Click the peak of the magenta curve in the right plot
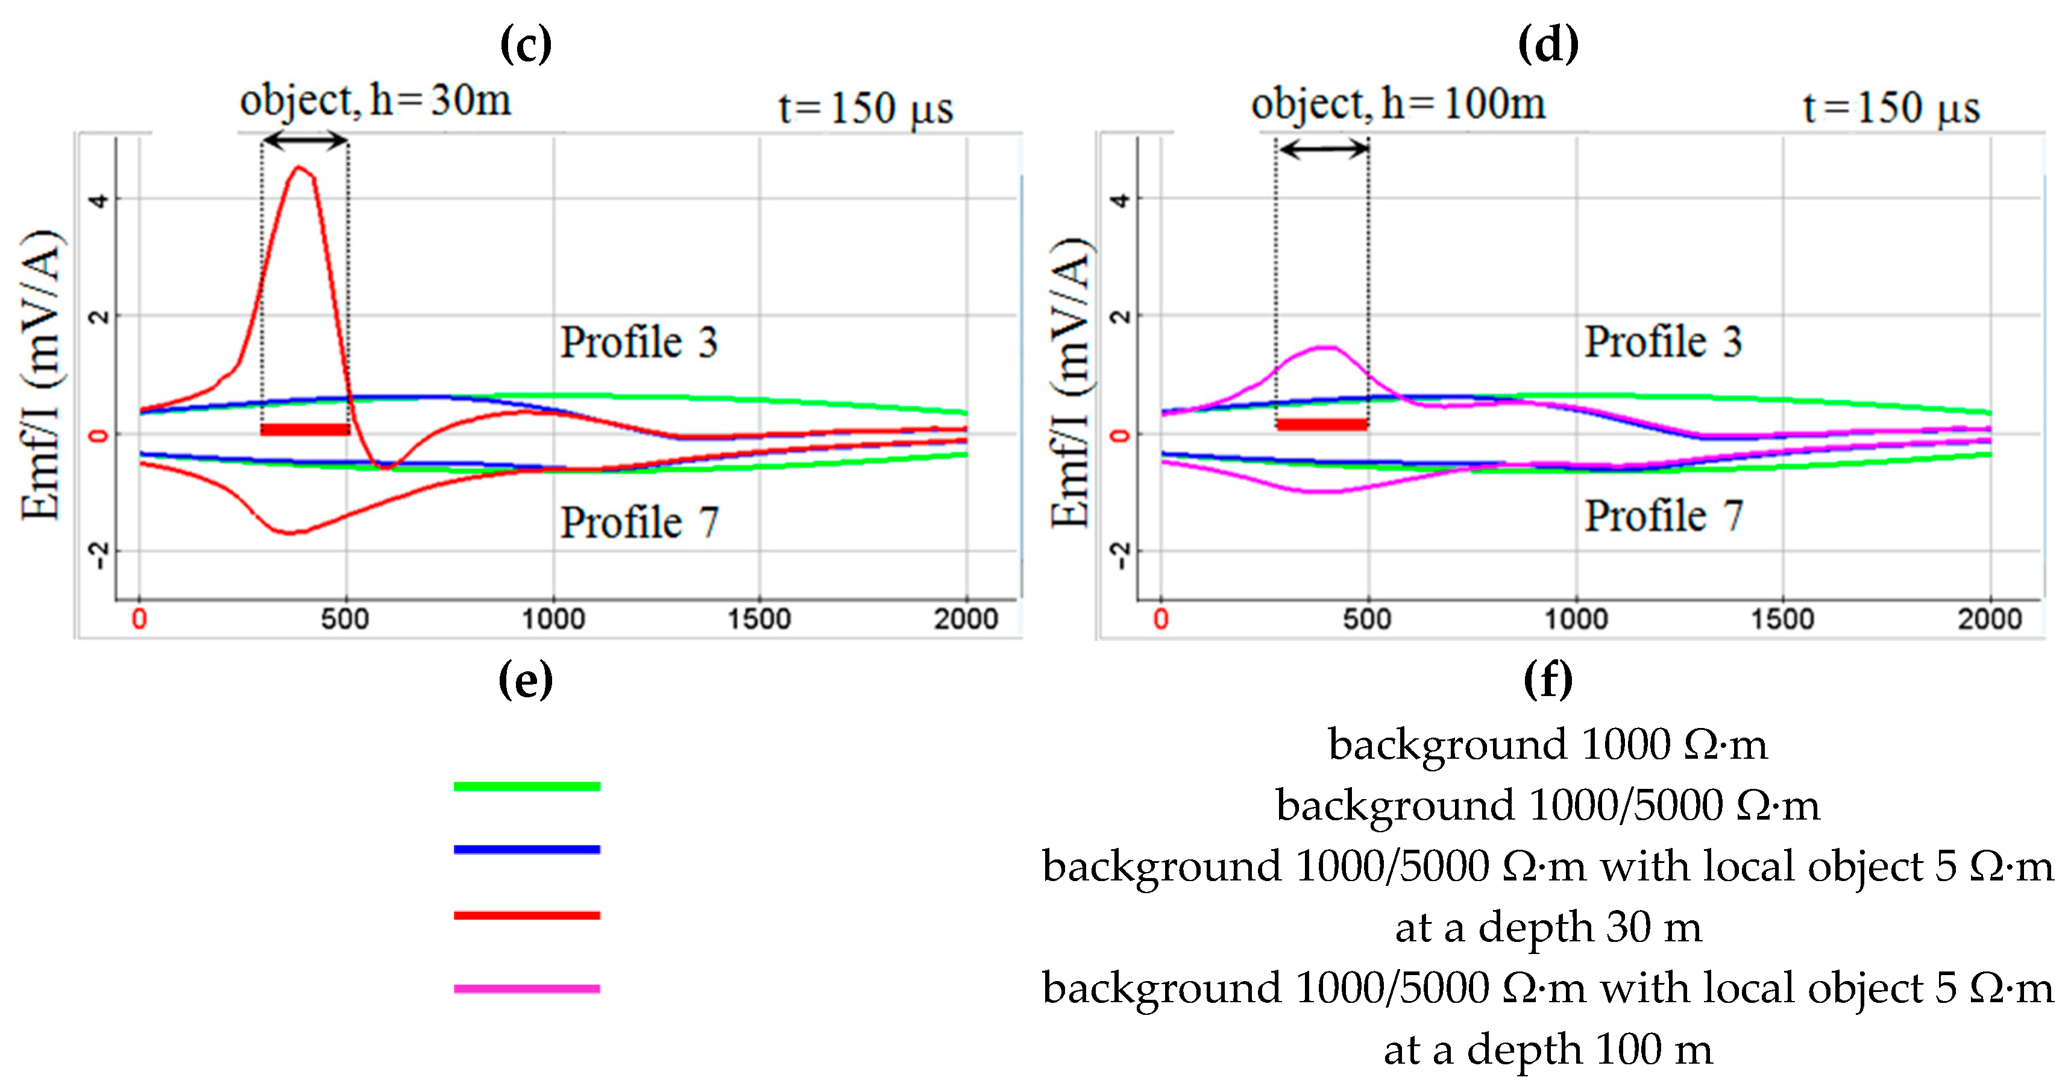pyautogui.click(x=1325, y=347)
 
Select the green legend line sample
pyautogui.click(x=527, y=786)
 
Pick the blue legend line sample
pyautogui.click(x=527, y=849)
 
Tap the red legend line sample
pyautogui.click(x=527, y=915)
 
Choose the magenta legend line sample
pyautogui.click(x=527, y=988)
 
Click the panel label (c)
pyautogui.click(x=526, y=43)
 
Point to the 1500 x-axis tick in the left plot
pyautogui.click(x=759, y=618)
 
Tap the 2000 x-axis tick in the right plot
pyautogui.click(x=1988, y=618)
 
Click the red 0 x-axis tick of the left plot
pyautogui.click(x=140, y=618)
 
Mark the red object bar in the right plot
pyautogui.click(x=1322, y=424)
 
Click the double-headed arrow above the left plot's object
pyautogui.click(x=305, y=141)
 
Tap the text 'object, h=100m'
pyautogui.click(x=1398, y=104)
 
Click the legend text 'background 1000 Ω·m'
pyautogui.click(x=1547, y=744)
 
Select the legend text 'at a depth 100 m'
pyautogui.click(x=1547, y=1049)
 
